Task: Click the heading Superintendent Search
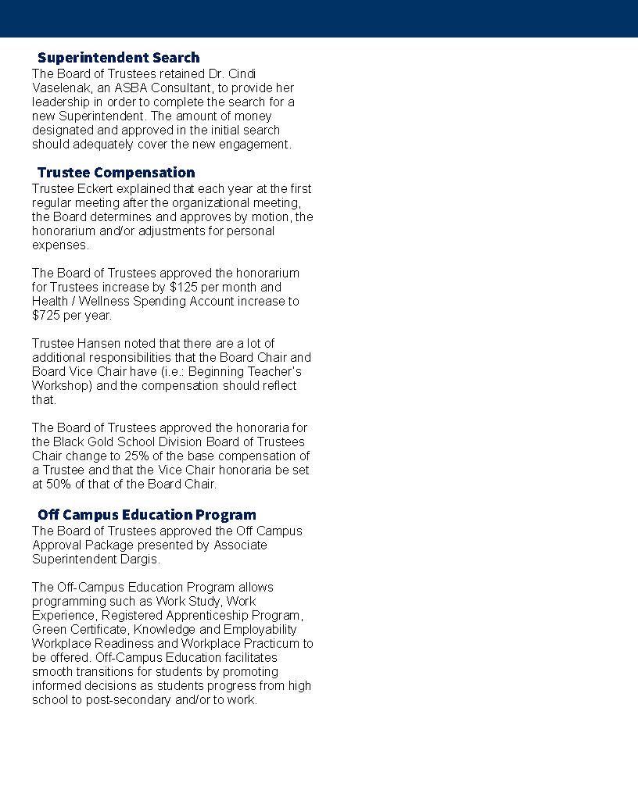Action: click(118, 58)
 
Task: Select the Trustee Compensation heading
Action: click(116, 173)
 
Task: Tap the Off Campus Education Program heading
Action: click(146, 515)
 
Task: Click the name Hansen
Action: click(100, 344)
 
